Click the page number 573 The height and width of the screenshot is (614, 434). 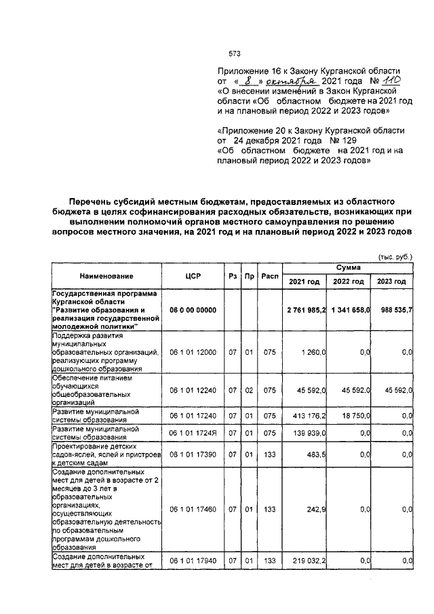tap(235, 54)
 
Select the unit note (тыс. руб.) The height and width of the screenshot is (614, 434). tap(395, 256)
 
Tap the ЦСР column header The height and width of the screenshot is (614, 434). tap(192, 276)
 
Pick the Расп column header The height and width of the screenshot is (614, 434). tap(270, 276)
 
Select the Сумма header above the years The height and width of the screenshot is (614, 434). tap(348, 269)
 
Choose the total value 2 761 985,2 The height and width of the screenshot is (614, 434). tap(306, 310)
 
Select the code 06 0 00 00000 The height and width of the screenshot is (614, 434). tap(192, 310)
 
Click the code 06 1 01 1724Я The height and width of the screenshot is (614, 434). tap(192, 432)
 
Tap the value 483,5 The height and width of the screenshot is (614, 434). tap(317, 455)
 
